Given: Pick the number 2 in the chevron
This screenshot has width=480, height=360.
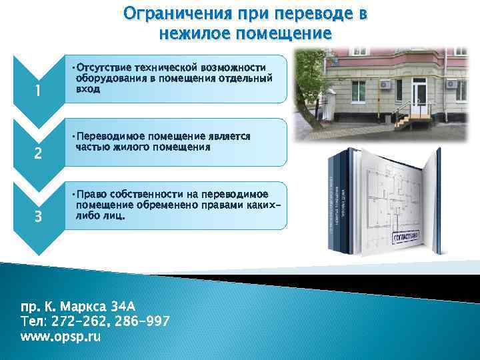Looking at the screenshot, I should (x=38, y=154).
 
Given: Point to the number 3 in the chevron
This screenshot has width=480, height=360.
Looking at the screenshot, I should (x=38, y=217).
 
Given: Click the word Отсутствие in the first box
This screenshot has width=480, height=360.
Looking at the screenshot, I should (x=104, y=68).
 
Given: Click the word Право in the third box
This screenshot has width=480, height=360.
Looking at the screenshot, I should (x=93, y=194).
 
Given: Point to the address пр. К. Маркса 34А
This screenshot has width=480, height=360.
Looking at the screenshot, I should (x=78, y=307).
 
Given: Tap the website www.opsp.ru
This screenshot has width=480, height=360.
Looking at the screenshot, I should (x=61, y=337).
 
